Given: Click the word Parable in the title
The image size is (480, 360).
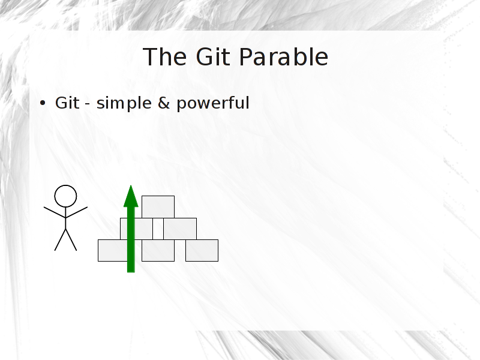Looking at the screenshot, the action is coord(283,56).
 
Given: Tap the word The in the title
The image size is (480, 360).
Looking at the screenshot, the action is coord(164,56).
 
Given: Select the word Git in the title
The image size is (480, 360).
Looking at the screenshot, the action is coord(213,56).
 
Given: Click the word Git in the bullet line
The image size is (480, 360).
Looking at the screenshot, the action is coord(67,103).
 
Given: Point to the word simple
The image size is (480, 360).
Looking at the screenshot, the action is coord(124,103).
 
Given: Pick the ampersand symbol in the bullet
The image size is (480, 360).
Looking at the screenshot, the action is coord(164,103).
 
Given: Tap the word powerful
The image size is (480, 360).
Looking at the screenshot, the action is coord(213,103).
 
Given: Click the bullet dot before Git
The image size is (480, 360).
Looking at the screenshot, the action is coord(43,103).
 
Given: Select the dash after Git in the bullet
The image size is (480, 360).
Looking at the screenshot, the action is coord(88,104).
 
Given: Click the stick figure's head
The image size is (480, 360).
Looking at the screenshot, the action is coord(65,196).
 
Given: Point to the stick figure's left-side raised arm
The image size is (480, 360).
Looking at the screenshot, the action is coord(55,212).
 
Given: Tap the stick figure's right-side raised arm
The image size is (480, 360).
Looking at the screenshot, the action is coord(77,212).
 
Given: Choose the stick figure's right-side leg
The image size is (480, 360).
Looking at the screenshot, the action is coord(71,239).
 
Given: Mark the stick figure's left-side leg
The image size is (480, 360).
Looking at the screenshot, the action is coord(61,239).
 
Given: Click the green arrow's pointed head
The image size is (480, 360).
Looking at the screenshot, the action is coord(131,196).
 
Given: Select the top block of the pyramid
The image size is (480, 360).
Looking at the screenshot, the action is coord(158,207).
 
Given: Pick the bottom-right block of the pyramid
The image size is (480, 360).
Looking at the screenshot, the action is coord(202,250).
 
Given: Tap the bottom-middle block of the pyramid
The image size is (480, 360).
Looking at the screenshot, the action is coord(158,250).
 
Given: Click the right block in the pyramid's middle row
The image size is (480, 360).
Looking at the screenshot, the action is coord(180,229).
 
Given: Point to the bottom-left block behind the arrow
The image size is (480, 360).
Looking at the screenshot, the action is coord(113,250).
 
